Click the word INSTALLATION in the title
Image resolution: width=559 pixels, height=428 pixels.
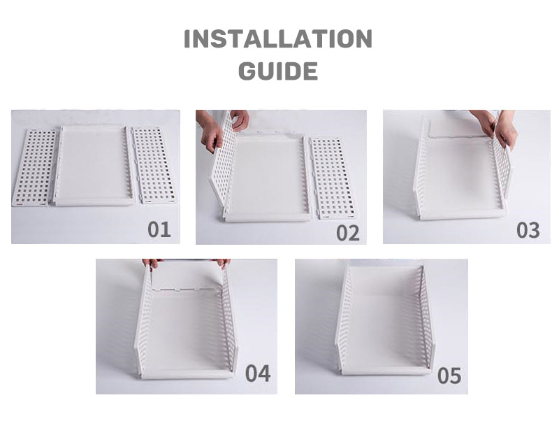pyautogui.click(x=278, y=39)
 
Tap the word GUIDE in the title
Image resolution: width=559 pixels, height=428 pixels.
pyautogui.click(x=278, y=71)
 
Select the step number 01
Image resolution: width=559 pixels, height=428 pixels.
pyautogui.click(x=159, y=229)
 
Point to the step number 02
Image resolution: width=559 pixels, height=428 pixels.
pyautogui.click(x=348, y=234)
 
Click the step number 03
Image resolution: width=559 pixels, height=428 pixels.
pyautogui.click(x=528, y=230)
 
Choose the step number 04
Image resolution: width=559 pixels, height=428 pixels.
pyautogui.click(x=258, y=373)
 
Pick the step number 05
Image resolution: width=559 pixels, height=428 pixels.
pyautogui.click(x=449, y=376)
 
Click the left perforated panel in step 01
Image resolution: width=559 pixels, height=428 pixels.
pyautogui.click(x=35, y=168)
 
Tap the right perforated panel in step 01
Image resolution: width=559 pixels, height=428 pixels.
pyautogui.click(x=154, y=165)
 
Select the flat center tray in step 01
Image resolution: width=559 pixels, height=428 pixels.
pyautogui.click(x=94, y=166)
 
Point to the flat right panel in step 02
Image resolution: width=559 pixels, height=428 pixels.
pyautogui.click(x=333, y=178)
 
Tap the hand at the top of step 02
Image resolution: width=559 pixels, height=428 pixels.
pyautogui.click(x=240, y=120)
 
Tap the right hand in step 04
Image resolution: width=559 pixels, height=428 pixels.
pyautogui.click(x=223, y=263)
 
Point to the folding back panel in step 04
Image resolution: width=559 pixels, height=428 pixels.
pyautogui.click(x=188, y=276)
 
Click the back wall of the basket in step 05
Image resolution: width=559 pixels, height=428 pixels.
pyautogui.click(x=384, y=281)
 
